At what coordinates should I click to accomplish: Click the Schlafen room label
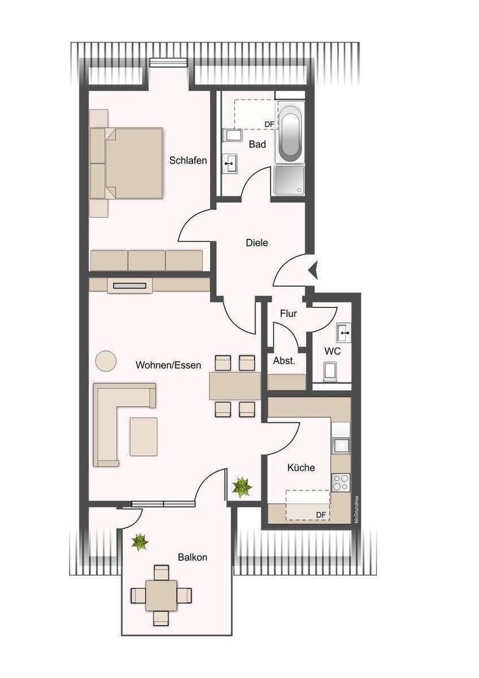point(188,161)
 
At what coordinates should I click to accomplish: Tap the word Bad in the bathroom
point(257,144)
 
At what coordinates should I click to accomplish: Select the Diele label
point(257,242)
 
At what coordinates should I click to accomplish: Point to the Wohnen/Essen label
point(168,365)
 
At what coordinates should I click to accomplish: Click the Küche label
point(301,468)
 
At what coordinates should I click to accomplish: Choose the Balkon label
point(192,557)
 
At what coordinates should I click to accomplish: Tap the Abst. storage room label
point(284,361)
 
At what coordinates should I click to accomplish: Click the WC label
point(333,351)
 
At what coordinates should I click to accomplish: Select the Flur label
point(288,314)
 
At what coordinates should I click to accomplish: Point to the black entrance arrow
point(312,269)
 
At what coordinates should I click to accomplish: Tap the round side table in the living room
point(106,361)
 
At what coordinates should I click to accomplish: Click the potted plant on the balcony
point(140,541)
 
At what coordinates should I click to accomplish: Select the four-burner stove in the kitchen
point(340,481)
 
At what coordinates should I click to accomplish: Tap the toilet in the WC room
point(331,372)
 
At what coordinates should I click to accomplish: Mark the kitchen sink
point(341,445)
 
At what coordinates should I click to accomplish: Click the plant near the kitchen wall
point(242,488)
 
